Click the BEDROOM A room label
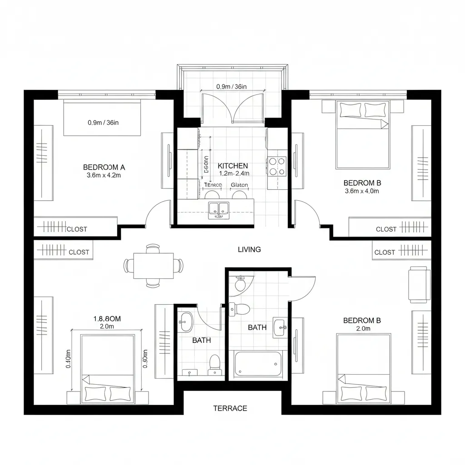tap(104, 167)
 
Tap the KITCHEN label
tap(233, 166)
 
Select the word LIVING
tap(249, 249)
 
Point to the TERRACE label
tap(230, 408)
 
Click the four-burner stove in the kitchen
tap(277, 166)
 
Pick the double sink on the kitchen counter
tap(220, 209)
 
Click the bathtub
tap(258, 364)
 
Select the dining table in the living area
tap(153, 266)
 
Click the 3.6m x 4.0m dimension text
tap(362, 191)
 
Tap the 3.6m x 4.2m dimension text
tap(104, 175)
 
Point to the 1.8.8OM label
tap(107, 319)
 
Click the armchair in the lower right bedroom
tap(419, 284)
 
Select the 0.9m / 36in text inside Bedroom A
tap(103, 122)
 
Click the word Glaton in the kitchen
tap(239, 185)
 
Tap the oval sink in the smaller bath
tap(185, 322)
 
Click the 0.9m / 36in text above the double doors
tap(231, 86)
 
